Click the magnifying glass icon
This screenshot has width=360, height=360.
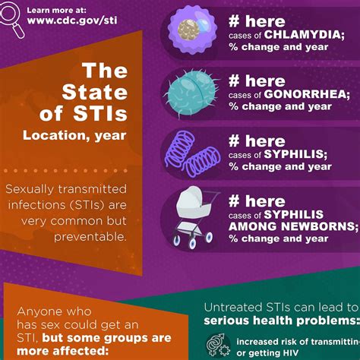pos(12,16)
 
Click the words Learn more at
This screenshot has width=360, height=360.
pos(56,9)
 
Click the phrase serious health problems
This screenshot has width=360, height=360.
pos(280,321)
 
